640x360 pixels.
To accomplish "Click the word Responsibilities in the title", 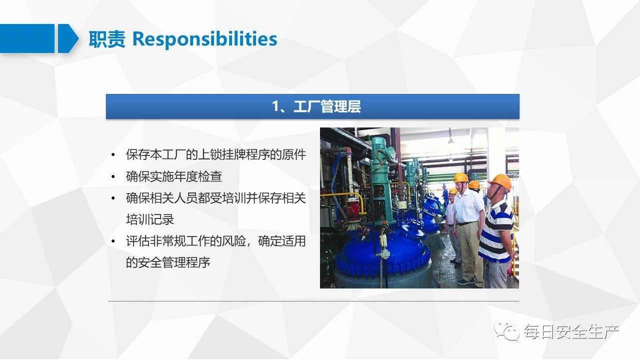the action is click(205, 39).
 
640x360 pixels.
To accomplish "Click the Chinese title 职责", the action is click(107, 39).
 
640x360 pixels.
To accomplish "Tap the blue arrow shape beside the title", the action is click(68, 38).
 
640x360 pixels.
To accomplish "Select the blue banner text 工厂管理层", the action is click(327, 106).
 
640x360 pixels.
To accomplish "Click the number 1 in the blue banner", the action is click(275, 106).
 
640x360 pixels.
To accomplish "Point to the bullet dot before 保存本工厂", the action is click(113, 155).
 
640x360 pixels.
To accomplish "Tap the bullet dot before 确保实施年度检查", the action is click(113, 177).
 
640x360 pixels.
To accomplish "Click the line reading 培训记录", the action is click(150, 219).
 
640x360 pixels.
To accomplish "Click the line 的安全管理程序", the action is click(168, 262).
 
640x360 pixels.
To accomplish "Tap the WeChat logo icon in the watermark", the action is click(507, 330).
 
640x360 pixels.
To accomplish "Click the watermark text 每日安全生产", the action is click(571, 331).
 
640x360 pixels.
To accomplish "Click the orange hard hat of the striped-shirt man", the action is click(500, 181).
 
